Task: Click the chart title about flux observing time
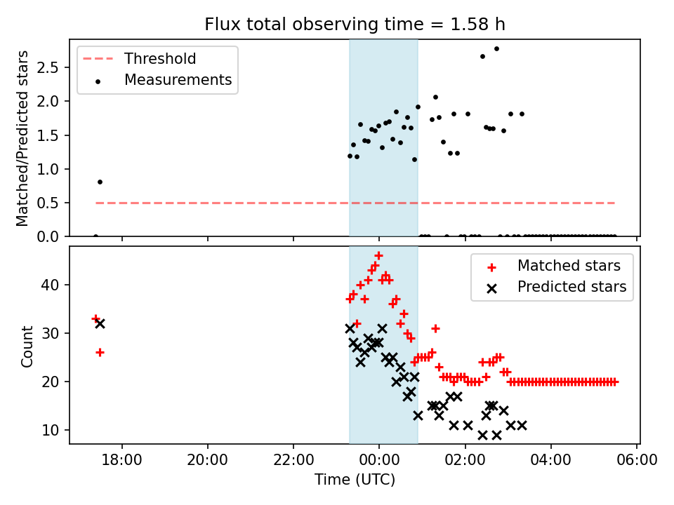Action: pyautogui.click(x=355, y=25)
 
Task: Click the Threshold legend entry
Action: pyautogui.click(x=160, y=59)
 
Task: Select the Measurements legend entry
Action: pyautogui.click(x=178, y=80)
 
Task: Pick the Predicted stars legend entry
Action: pyautogui.click(x=571, y=287)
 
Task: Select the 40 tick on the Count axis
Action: pyautogui.click(x=54, y=285)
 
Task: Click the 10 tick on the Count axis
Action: pyautogui.click(x=54, y=430)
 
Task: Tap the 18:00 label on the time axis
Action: pyautogui.click(x=122, y=462)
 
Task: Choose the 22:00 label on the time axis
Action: pyautogui.click(x=293, y=462)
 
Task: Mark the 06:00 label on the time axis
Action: pyautogui.click(x=636, y=462)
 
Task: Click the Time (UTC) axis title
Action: pyautogui.click(x=355, y=480)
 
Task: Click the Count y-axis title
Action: pyautogui.click(x=27, y=346)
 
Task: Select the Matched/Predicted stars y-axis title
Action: pyautogui.click(x=22, y=138)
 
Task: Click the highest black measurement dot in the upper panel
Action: pyautogui.click(x=496, y=48)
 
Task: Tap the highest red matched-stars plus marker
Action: pyautogui.click(x=378, y=256)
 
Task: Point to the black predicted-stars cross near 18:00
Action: pyautogui.click(x=100, y=323)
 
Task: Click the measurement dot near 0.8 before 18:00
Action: pyautogui.click(x=100, y=182)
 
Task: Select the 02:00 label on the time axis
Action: pyautogui.click(x=465, y=462)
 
